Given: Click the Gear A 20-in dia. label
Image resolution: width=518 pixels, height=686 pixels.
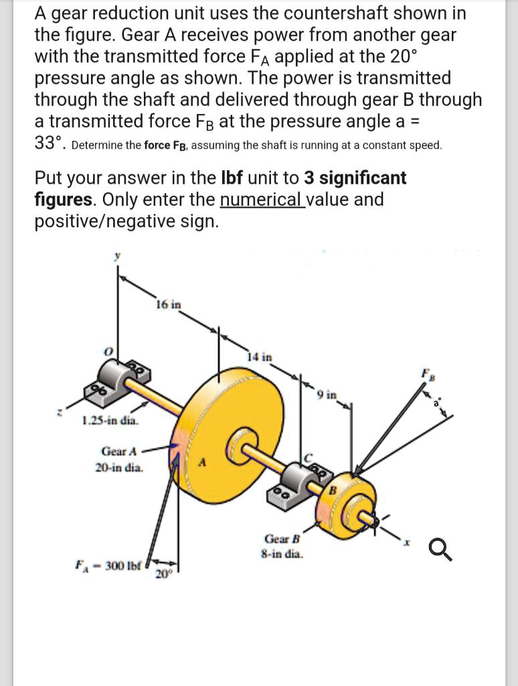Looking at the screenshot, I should [x=120, y=460].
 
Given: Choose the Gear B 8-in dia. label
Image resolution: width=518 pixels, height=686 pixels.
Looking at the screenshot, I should [x=282, y=546].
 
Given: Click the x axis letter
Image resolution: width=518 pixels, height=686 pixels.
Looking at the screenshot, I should [x=404, y=540].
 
